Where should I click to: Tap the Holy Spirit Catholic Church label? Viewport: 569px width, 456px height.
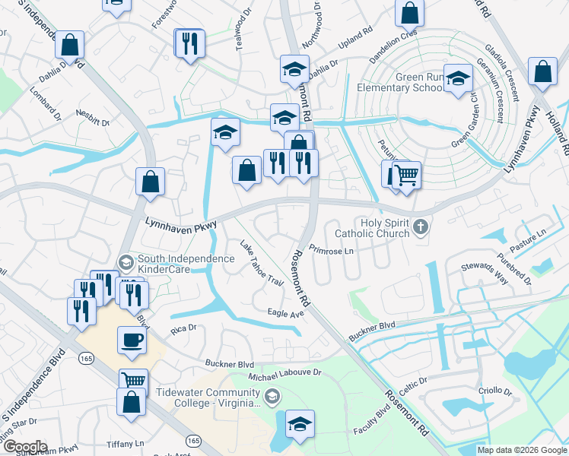[368, 228]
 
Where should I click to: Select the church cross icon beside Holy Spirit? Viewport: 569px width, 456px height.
[420, 226]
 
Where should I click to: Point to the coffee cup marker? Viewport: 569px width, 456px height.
[132, 340]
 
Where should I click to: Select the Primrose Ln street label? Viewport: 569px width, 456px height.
[333, 251]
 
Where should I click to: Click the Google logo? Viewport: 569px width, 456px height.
[24, 447]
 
